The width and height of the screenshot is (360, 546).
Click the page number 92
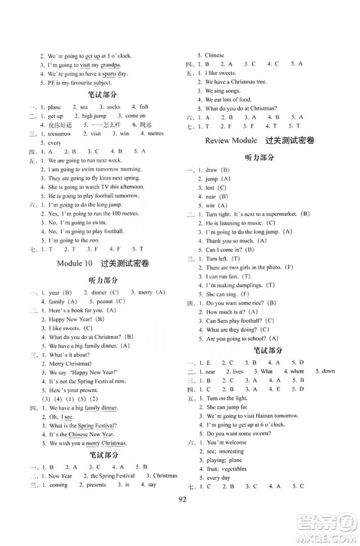pos(179,518)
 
